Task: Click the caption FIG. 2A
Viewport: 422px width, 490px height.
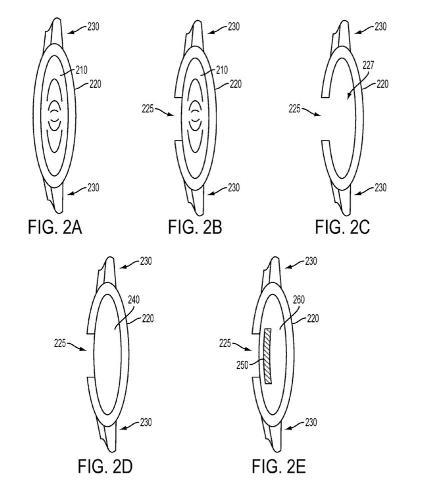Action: pyautogui.click(x=55, y=227)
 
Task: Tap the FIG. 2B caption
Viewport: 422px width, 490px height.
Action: pyautogui.click(x=195, y=227)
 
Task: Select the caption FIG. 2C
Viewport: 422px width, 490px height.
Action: pyautogui.click(x=342, y=227)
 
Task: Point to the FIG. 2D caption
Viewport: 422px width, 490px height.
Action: pyautogui.click(x=105, y=466)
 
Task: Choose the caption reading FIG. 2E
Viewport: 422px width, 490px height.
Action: pyautogui.click(x=279, y=466)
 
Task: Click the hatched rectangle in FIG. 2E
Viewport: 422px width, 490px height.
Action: pyautogui.click(x=268, y=356)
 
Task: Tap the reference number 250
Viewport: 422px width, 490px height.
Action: pyautogui.click(x=242, y=365)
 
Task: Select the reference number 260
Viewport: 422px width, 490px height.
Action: pyautogui.click(x=299, y=300)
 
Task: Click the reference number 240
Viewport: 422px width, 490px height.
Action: pyautogui.click(x=134, y=300)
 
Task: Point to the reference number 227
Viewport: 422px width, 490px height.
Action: pyautogui.click(x=368, y=65)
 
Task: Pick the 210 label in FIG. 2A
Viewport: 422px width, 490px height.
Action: pyautogui.click(x=82, y=70)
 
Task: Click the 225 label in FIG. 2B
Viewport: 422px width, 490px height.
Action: pyautogui.click(x=148, y=109)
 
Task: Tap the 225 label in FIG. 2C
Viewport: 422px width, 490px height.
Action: pyautogui.click(x=295, y=109)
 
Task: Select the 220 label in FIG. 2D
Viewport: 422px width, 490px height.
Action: pyautogui.click(x=148, y=319)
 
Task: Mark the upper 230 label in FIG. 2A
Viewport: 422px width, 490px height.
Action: pyautogui.click(x=93, y=27)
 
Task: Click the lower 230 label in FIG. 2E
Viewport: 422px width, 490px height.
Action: pyautogui.click(x=311, y=422)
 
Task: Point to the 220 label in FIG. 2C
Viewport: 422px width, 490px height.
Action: pyautogui.click(x=382, y=84)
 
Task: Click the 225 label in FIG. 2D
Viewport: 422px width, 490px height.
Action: pyautogui.click(x=60, y=343)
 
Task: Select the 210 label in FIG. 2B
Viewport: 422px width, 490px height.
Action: pyautogui.click(x=222, y=70)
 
